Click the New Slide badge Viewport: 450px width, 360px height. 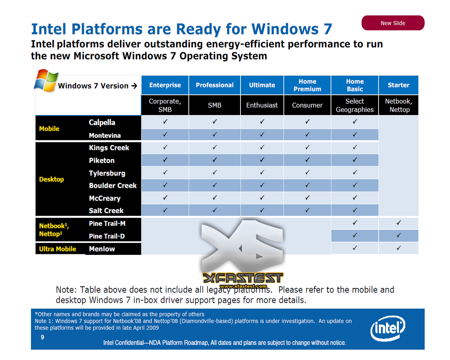pyautogui.click(x=393, y=23)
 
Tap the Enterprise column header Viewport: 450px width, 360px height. pyautogui.click(x=165, y=85)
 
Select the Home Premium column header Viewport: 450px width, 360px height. pyautogui.click(x=307, y=85)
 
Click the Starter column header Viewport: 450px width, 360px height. pyautogui.click(x=399, y=85)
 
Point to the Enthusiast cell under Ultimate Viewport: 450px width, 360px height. pyautogui.click(x=262, y=105)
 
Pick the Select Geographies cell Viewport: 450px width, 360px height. pyautogui.click(x=355, y=105)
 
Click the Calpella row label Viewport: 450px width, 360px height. pyautogui.click(x=102, y=123)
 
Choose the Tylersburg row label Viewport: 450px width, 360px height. pyautogui.click(x=107, y=173)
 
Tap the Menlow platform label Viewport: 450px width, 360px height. pyautogui.click(x=102, y=249)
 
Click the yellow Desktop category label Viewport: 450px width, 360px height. pyautogui.click(x=51, y=179)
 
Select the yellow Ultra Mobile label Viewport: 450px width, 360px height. pyautogui.click(x=58, y=249)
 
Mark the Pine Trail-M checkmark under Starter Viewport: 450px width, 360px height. pyautogui.click(x=399, y=223)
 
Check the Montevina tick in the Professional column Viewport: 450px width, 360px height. pyautogui.click(x=214, y=134)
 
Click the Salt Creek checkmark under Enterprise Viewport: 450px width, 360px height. pyautogui.click(x=165, y=210)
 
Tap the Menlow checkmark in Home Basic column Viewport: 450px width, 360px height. pyautogui.click(x=355, y=248)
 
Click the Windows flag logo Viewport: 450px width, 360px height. pyautogui.click(x=46, y=81)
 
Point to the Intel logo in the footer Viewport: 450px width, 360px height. pyautogui.click(x=388, y=328)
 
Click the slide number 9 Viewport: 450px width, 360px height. pyautogui.click(x=43, y=337)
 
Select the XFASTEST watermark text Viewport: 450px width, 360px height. pyautogui.click(x=243, y=278)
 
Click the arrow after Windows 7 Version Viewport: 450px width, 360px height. pyautogui.click(x=134, y=85)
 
